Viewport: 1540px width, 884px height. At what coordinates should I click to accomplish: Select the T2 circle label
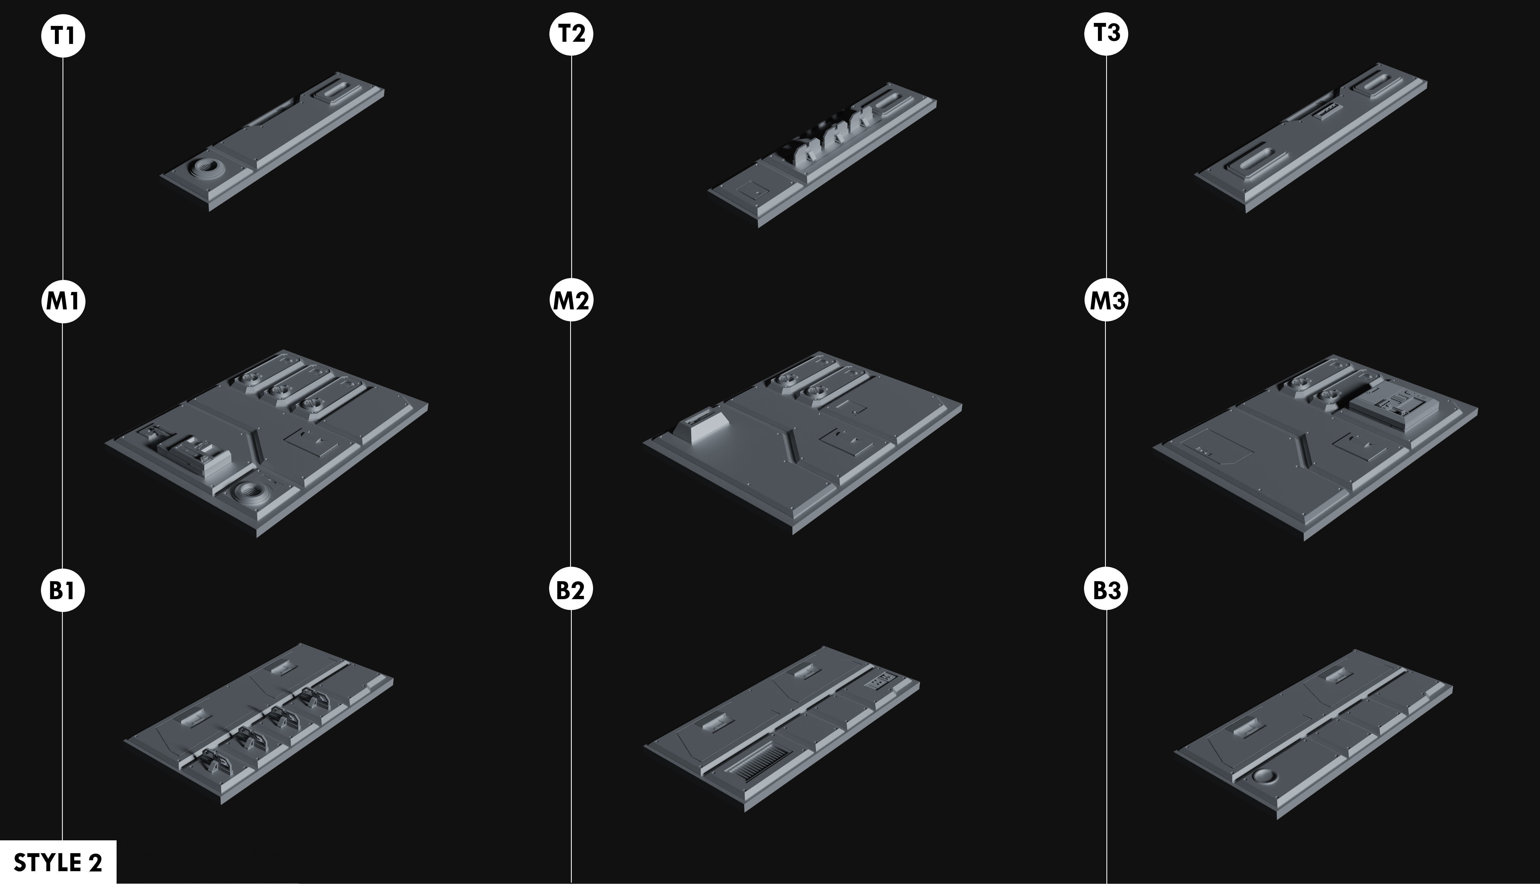[571, 33]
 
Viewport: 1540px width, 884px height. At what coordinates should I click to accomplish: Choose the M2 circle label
[571, 300]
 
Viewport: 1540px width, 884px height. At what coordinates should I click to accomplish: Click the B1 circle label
[63, 590]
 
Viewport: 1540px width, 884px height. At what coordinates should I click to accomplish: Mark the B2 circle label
[571, 589]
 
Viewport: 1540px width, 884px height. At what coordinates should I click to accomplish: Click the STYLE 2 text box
[58, 862]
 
